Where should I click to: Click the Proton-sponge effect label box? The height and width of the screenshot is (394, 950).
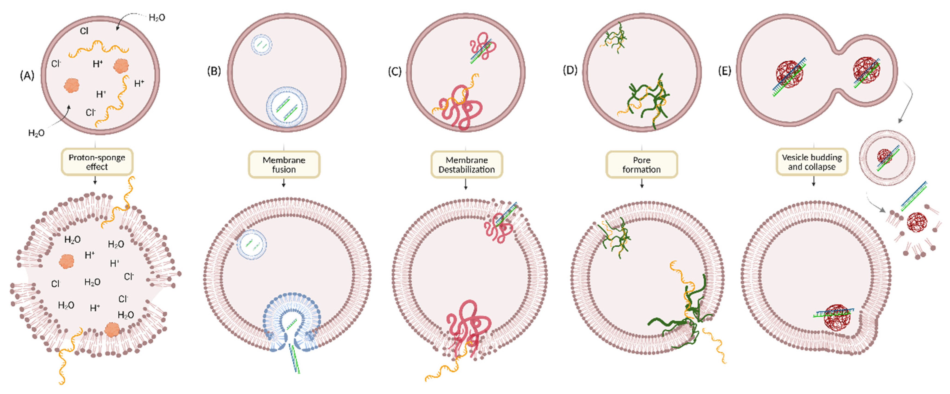pos(97,162)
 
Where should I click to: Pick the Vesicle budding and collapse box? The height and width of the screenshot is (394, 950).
pos(812,162)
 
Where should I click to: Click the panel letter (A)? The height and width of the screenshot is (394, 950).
pos(27,76)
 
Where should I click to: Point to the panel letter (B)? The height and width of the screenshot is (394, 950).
pos(214,71)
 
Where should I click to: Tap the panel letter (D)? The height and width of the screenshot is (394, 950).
pos(570,70)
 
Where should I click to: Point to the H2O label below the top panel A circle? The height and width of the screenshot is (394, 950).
pos(36,133)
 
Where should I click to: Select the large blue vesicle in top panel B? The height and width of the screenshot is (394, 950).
pos(287,107)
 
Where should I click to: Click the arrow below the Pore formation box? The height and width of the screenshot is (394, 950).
pos(642,184)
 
